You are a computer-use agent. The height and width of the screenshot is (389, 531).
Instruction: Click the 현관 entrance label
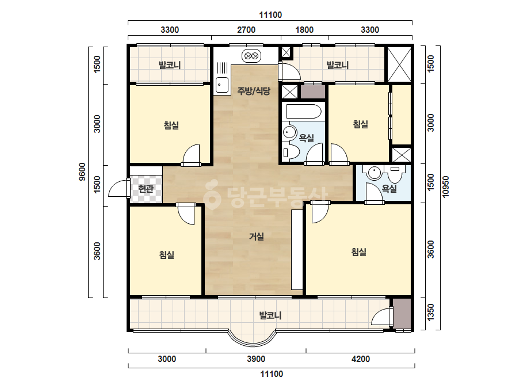tap(146, 188)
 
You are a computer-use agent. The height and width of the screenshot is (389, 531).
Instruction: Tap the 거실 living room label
tap(257, 237)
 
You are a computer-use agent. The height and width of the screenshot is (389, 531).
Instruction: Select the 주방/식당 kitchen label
tap(254, 91)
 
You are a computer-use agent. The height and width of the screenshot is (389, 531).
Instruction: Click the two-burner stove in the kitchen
tap(251, 56)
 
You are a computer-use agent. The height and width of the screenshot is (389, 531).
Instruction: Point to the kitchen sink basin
tap(222, 85)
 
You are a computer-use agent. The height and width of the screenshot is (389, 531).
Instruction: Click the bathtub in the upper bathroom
tap(303, 112)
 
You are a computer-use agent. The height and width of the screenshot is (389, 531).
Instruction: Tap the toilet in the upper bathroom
tap(291, 153)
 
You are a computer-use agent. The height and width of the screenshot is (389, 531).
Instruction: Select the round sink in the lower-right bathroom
tap(374, 173)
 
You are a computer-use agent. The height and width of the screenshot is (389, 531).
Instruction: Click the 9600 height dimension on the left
tap(82, 172)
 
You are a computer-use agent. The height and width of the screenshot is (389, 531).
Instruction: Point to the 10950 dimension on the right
tap(446, 186)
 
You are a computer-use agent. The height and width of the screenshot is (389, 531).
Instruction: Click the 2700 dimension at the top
tap(246, 30)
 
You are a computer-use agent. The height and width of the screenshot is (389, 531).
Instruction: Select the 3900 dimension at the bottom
tap(256, 359)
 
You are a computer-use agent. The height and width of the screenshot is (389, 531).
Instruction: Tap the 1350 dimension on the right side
tap(431, 312)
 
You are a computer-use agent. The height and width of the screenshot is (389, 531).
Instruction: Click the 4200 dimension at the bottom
tap(361, 359)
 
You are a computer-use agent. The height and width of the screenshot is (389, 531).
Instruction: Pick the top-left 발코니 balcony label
tap(170, 64)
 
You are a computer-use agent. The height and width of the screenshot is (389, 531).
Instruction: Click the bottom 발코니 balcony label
tap(270, 315)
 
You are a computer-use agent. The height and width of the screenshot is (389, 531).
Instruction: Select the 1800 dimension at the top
tap(304, 30)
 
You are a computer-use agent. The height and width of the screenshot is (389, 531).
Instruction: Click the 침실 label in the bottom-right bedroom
tap(358, 252)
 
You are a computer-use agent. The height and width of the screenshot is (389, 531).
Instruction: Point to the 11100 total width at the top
tap(270, 15)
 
